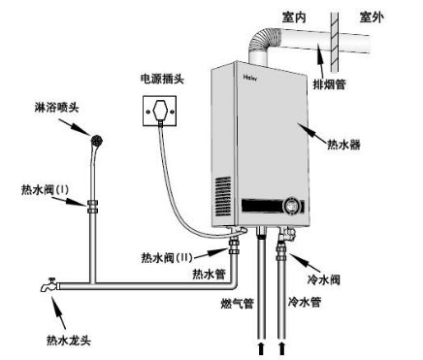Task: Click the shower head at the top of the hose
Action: click(97, 141)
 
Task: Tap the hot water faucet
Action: click(49, 285)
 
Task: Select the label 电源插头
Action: click(162, 79)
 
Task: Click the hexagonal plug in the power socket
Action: click(160, 111)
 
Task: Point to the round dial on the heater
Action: click(292, 206)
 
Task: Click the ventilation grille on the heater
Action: click(223, 196)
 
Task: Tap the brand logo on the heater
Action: click(250, 78)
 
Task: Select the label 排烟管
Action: click(329, 84)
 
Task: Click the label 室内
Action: click(294, 17)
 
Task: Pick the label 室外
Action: click(372, 17)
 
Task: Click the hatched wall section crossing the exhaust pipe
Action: click(335, 43)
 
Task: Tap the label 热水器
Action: click(343, 145)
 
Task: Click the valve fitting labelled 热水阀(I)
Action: click(92, 207)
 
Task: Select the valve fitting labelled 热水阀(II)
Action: click(234, 246)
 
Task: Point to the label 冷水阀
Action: click(323, 279)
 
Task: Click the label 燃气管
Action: click(237, 304)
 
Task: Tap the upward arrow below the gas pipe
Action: click(261, 349)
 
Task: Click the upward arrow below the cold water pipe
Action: click(282, 349)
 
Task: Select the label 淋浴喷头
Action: click(56, 107)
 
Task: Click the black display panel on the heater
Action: click(263, 206)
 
